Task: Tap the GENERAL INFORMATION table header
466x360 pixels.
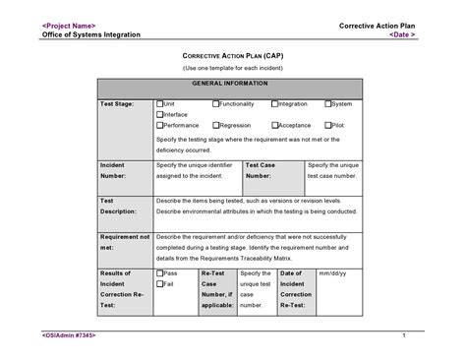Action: click(x=228, y=86)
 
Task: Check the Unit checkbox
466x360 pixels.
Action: click(x=160, y=103)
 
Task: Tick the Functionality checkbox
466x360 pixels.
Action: click(x=215, y=103)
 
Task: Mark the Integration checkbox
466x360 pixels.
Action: click(x=274, y=103)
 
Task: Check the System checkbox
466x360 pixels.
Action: click(x=328, y=103)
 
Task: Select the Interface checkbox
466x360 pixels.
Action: click(x=160, y=114)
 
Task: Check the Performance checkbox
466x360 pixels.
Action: click(x=160, y=125)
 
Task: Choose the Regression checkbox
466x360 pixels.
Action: click(x=215, y=125)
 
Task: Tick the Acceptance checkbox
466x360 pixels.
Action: click(x=274, y=125)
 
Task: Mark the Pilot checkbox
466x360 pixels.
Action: click(x=328, y=125)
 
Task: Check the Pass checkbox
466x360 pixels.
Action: click(x=160, y=272)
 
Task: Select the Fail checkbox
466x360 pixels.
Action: click(x=160, y=283)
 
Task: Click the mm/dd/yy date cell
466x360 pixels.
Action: click(x=332, y=272)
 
